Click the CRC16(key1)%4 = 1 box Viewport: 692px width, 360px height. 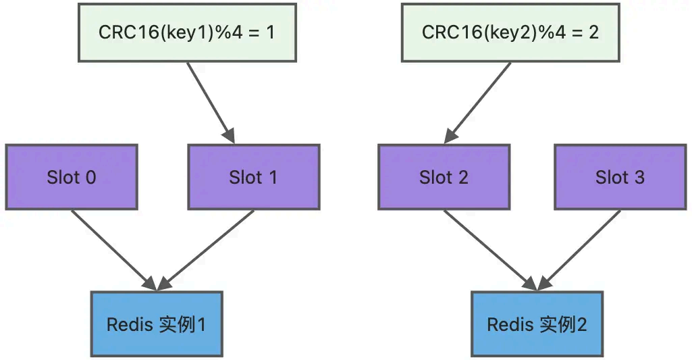(187, 32)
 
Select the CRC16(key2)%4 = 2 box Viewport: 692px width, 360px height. (510, 32)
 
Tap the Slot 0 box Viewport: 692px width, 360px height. (71, 177)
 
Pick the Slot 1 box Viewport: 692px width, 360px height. (253, 177)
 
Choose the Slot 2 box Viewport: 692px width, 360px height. (444, 177)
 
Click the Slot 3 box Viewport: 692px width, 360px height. (620, 177)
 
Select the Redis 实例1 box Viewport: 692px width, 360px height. (156, 324)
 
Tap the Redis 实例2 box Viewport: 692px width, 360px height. (537, 324)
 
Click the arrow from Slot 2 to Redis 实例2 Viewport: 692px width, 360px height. (489, 251)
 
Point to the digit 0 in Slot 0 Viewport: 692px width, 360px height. (89, 178)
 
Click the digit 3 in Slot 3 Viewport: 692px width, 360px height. (639, 178)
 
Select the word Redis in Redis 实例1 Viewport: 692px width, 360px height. (129, 324)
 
